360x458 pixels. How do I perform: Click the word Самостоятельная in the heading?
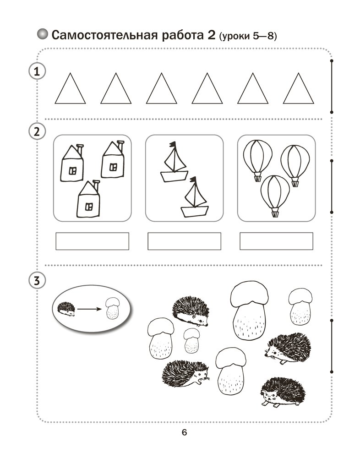104,35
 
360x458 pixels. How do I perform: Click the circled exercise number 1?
37,71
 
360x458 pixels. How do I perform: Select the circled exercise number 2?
37,132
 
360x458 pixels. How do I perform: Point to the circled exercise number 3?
37,281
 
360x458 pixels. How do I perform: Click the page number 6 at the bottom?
184,432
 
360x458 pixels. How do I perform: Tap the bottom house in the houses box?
88,199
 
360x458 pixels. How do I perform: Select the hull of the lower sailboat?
195,212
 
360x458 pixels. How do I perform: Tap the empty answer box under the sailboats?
185,241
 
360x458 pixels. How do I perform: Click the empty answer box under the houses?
93,241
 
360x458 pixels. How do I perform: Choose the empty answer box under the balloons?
277,241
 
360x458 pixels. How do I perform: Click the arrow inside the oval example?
89,309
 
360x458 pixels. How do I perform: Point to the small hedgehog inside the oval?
66,309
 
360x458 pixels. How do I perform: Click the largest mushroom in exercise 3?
249,311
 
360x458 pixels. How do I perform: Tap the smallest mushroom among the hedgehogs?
192,340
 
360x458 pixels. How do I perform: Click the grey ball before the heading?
43,34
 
